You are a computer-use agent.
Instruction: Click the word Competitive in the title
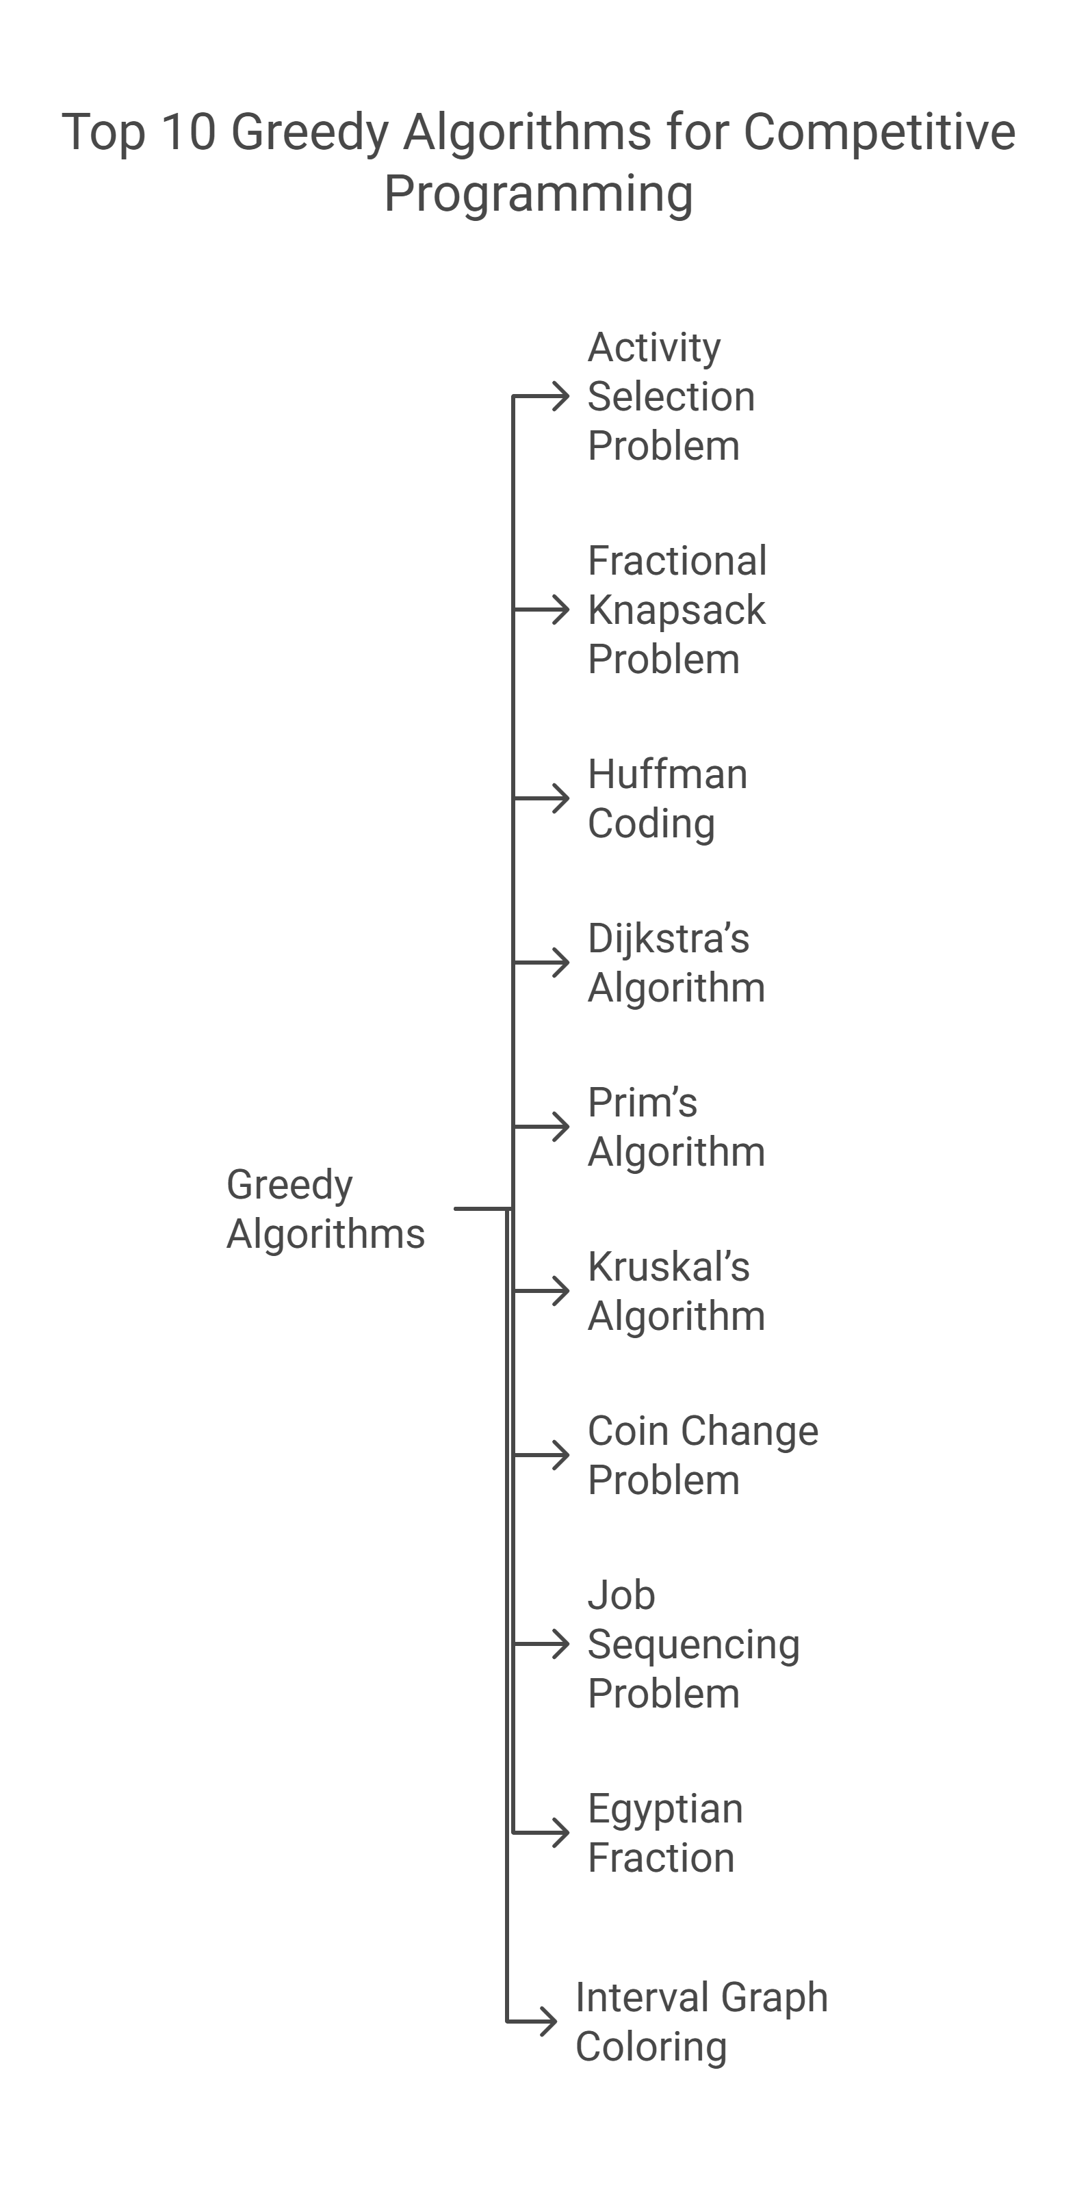[x=879, y=132]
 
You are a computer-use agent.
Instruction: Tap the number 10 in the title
[x=187, y=132]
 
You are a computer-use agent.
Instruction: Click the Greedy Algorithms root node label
[x=325, y=1209]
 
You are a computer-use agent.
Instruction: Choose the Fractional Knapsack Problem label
[x=677, y=610]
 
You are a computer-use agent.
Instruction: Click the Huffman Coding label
[x=666, y=799]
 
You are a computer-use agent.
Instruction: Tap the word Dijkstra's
[x=669, y=939]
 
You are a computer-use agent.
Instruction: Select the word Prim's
[x=642, y=1102]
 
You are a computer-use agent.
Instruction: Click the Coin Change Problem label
[x=703, y=1455]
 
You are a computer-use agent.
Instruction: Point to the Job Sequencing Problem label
[x=693, y=1644]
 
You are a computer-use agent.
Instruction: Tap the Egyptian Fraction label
[x=665, y=1833]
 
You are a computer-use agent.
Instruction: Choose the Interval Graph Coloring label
[x=701, y=2022]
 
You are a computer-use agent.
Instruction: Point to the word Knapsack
[x=676, y=610]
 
